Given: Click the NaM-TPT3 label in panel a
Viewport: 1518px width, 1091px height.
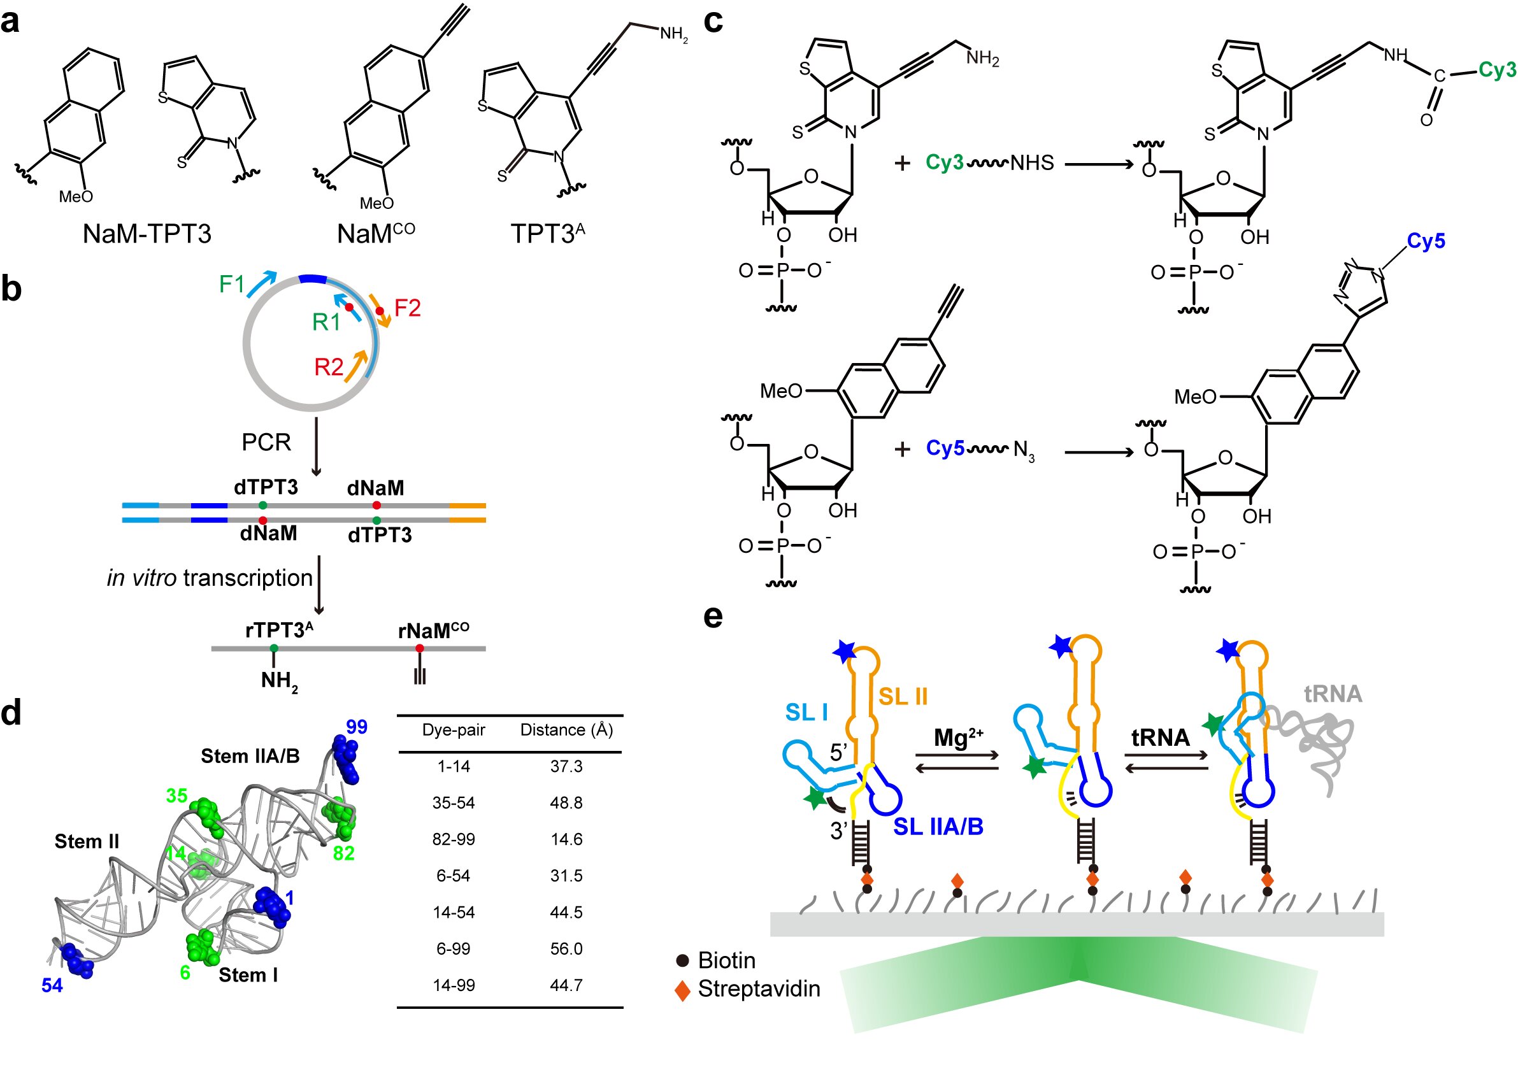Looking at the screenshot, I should (x=147, y=234).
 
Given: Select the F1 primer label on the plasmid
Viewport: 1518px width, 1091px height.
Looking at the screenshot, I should (x=232, y=285).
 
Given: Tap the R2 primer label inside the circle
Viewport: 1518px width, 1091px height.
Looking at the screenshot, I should (x=329, y=367).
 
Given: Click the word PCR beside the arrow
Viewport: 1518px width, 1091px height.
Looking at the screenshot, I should (x=266, y=443).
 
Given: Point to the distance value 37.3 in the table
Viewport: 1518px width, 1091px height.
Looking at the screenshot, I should (x=566, y=766).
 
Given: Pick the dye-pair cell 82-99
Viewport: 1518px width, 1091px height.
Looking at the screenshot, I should (x=453, y=839).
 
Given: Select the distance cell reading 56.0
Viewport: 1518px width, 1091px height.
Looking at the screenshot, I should (x=566, y=948).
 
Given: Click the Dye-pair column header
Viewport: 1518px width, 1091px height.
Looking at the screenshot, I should (x=453, y=730).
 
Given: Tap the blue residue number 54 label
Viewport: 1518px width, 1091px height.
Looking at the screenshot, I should (x=52, y=985).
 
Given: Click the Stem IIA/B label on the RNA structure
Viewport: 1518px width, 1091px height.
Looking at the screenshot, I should (x=250, y=757).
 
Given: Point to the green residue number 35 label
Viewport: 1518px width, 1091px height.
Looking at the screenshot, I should (x=176, y=796).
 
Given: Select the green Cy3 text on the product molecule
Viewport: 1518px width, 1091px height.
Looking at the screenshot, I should (x=1496, y=69).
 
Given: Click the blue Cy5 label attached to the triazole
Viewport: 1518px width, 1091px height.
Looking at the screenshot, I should (x=1426, y=241).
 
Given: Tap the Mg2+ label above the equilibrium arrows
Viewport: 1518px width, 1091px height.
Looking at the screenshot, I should (x=959, y=738).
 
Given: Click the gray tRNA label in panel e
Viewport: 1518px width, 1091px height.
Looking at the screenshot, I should (x=1333, y=694).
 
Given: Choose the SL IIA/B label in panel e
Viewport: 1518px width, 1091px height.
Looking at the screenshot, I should (x=938, y=827).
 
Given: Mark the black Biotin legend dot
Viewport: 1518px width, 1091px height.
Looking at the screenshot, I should (x=683, y=961).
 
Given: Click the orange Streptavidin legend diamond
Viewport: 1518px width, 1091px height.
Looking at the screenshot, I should (x=683, y=990).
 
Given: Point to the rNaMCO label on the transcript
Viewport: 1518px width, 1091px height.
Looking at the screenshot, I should (x=434, y=631).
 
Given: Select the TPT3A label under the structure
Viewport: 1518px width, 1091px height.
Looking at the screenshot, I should (x=547, y=234).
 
